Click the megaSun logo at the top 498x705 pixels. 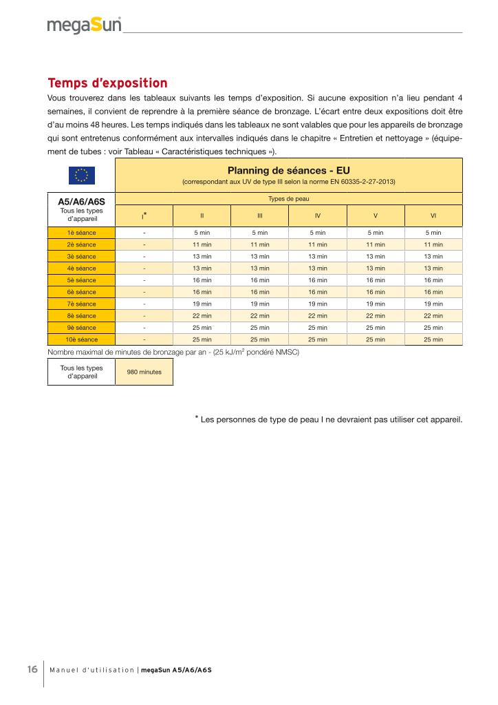point(84,25)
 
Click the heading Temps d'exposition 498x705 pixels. point(107,83)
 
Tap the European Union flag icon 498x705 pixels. point(81,175)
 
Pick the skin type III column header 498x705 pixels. point(260,215)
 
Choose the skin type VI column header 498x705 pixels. point(433,215)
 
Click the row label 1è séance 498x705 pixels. point(81,233)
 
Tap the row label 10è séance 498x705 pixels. point(81,339)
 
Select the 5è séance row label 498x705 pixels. point(81,280)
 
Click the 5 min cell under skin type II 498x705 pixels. point(202,233)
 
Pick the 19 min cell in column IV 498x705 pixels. point(318,304)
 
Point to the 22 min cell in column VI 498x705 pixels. point(433,316)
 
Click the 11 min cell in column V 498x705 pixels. point(376,244)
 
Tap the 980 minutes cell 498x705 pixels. point(144,372)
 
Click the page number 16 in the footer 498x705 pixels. point(32,670)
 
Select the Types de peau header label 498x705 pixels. point(288,199)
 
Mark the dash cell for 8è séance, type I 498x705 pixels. point(144,316)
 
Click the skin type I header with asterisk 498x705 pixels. point(144,215)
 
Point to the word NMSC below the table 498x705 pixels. point(284,352)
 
